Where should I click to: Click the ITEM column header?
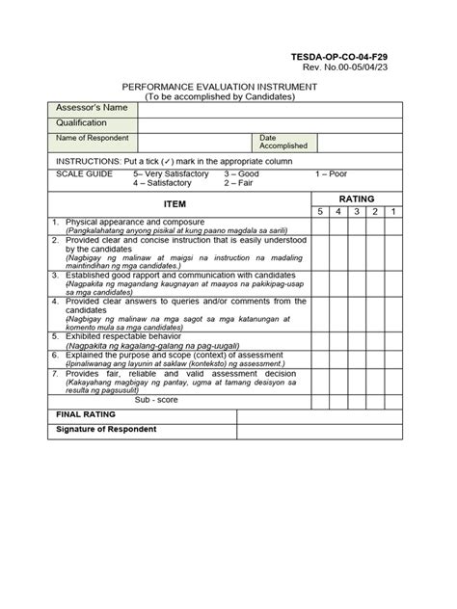(x=175, y=204)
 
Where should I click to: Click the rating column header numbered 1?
(x=393, y=210)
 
